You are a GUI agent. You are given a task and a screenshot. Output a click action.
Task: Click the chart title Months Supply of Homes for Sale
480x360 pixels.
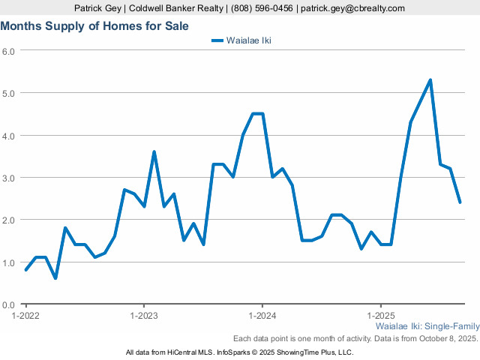(x=94, y=26)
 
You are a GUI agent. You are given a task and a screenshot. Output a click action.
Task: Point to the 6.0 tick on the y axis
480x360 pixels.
(x=9, y=51)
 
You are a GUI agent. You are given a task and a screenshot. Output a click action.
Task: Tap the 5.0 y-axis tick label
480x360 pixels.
(x=9, y=93)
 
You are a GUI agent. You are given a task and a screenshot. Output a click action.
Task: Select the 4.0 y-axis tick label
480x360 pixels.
(x=9, y=136)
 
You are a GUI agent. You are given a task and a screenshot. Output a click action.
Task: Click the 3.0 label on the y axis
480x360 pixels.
(x=9, y=178)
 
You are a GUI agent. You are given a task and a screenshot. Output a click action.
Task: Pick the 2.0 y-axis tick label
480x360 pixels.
(x=9, y=220)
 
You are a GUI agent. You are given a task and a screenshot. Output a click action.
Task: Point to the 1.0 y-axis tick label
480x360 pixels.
(x=9, y=262)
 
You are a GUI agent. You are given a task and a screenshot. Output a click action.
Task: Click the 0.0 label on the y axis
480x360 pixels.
(x=9, y=305)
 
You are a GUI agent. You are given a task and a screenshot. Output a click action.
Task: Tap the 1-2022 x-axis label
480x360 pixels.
(x=26, y=316)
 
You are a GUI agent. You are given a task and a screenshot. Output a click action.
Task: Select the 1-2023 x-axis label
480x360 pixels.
(x=144, y=316)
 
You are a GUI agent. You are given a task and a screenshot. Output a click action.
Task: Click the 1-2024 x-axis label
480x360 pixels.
(x=262, y=316)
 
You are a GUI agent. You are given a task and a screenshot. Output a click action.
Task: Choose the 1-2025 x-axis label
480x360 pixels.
(x=380, y=316)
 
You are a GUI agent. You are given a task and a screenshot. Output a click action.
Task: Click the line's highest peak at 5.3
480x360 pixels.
(x=430, y=80)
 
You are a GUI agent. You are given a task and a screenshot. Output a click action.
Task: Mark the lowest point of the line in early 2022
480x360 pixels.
(x=55, y=278)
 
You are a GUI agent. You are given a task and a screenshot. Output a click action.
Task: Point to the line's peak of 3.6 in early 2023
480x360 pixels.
(x=154, y=152)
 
